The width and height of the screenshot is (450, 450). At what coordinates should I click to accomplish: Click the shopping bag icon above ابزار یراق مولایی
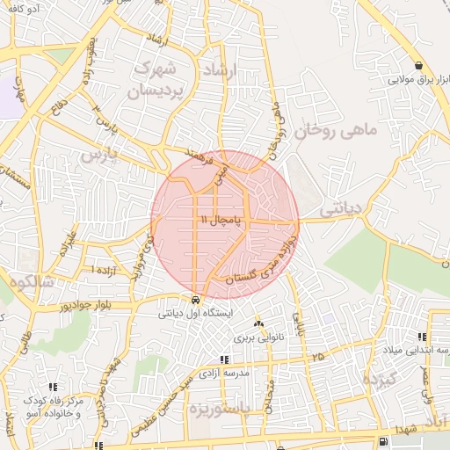tap(419, 66)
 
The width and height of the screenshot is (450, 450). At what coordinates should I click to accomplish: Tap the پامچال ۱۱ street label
tap(219, 218)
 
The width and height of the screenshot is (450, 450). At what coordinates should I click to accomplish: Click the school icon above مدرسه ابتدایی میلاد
tap(423, 337)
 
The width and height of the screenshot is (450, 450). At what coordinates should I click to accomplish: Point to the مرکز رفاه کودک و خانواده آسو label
tap(54, 407)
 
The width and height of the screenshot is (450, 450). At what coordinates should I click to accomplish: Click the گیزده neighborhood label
tap(381, 379)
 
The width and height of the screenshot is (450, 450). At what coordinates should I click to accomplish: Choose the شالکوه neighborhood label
tap(31, 282)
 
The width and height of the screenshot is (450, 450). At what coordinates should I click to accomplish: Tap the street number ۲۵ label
tap(316, 356)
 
